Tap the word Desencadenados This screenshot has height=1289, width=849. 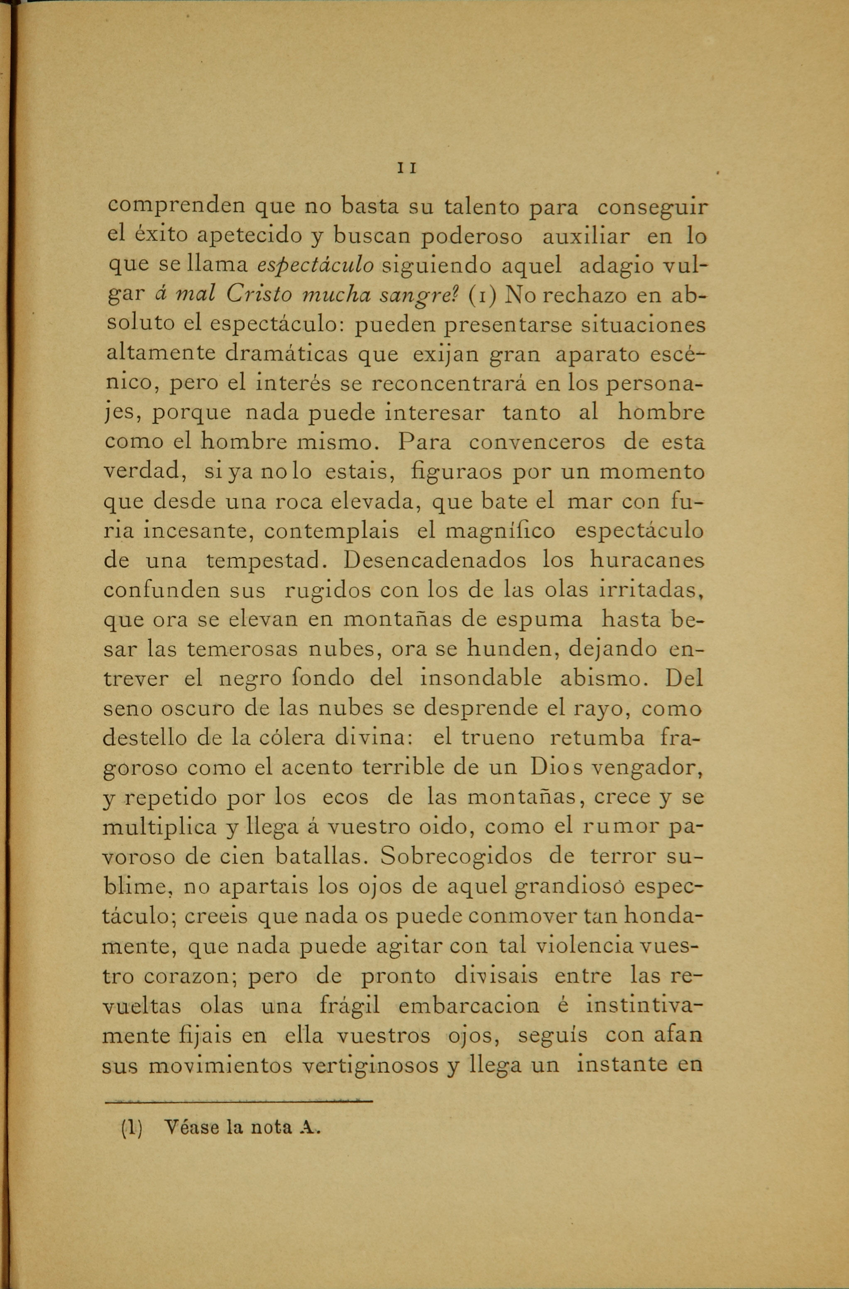click(x=435, y=559)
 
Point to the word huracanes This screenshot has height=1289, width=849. click(x=647, y=559)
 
